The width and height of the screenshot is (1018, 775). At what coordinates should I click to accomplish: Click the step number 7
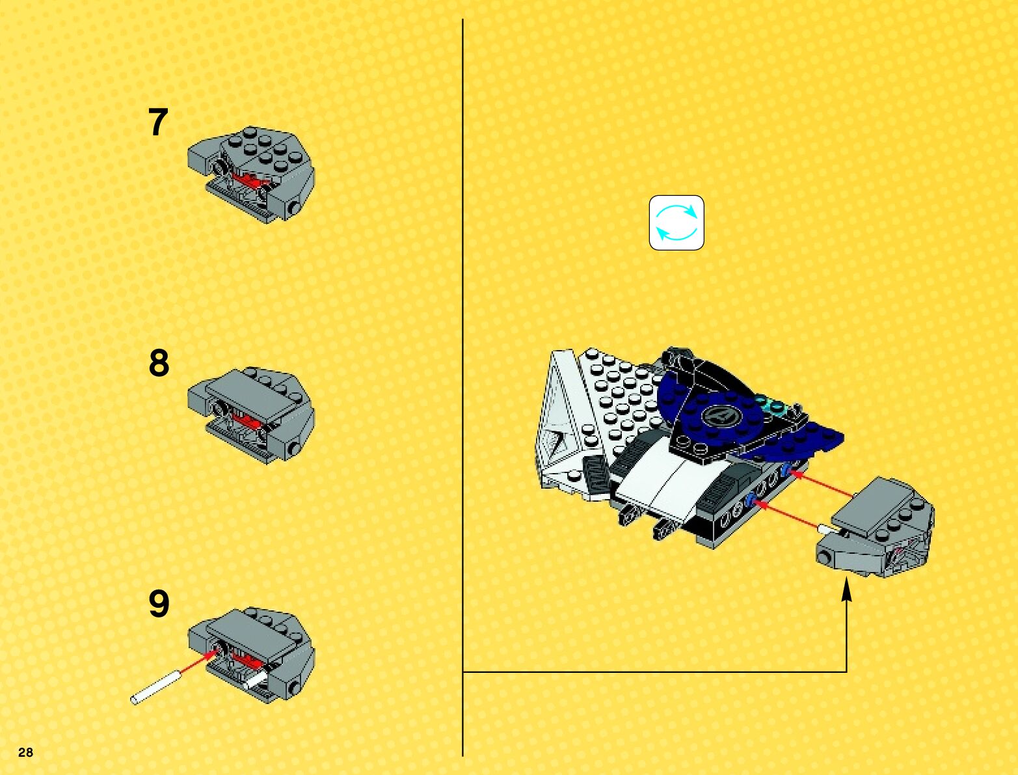pyautogui.click(x=158, y=122)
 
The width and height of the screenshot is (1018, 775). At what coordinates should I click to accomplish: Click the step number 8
pyautogui.click(x=159, y=363)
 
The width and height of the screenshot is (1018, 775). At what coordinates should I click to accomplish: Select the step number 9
pyautogui.click(x=159, y=604)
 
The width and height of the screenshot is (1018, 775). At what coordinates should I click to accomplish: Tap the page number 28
pyautogui.click(x=25, y=752)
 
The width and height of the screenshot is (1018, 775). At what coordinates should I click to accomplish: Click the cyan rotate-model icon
pyautogui.click(x=676, y=223)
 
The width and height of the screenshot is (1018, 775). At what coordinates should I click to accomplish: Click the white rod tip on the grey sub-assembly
pyautogui.click(x=824, y=529)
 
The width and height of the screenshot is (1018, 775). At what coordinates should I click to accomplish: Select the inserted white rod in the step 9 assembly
pyautogui.click(x=254, y=681)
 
